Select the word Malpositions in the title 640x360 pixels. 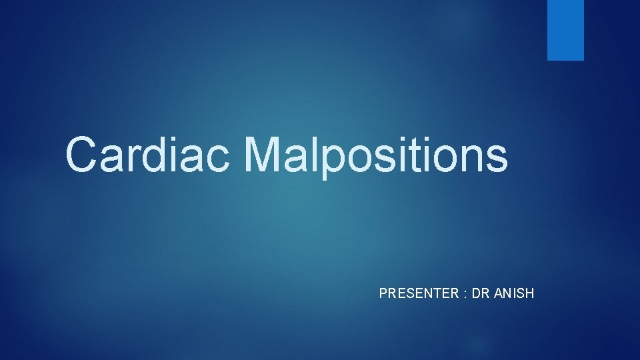(375, 155)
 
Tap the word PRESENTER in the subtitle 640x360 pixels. (419, 293)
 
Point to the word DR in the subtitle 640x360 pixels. (481, 293)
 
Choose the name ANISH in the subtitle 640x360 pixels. (514, 293)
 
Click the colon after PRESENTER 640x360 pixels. (465, 293)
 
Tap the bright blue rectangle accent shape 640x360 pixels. (565, 30)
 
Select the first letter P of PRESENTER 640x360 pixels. (383, 293)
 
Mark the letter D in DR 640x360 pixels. (476, 293)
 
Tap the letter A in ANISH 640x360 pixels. (499, 293)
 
